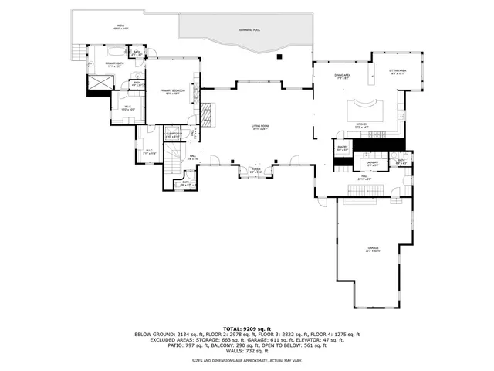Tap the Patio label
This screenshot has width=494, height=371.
click(121, 26)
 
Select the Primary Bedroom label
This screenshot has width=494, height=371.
click(171, 92)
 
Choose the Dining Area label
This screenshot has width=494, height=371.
click(343, 76)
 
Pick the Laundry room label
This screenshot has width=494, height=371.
click(372, 164)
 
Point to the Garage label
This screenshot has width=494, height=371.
click(373, 249)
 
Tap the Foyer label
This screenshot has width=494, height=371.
click(255, 171)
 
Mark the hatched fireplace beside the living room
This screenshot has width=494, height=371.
click(206, 114)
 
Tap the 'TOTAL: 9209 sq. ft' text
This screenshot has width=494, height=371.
click(247, 328)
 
